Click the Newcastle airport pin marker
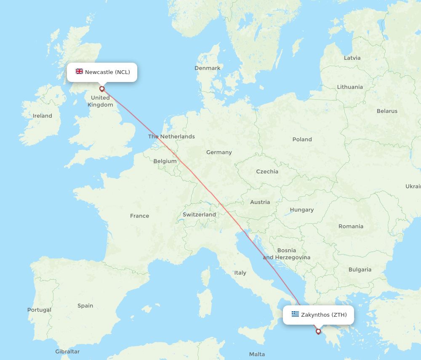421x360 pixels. pyautogui.click(x=102, y=89)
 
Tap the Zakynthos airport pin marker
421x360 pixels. pyautogui.click(x=318, y=331)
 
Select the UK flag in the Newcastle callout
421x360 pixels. pyautogui.click(x=79, y=71)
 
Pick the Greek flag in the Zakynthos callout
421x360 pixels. pyautogui.click(x=295, y=314)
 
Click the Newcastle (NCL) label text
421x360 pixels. pyautogui.click(x=107, y=72)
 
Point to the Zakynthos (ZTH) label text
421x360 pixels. pyautogui.click(x=324, y=315)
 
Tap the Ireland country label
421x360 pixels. pyautogui.click(x=43, y=116)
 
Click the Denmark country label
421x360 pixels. pyautogui.click(x=207, y=68)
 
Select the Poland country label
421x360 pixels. pyautogui.click(x=302, y=139)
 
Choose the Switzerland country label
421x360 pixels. pyautogui.click(x=199, y=214)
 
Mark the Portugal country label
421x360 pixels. pyautogui.click(x=39, y=310)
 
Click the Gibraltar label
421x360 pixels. pyautogui.click(x=67, y=352)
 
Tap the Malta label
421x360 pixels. pyautogui.click(x=257, y=354)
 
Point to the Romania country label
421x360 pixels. pyautogui.click(x=351, y=226)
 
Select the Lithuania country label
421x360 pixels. pyautogui.click(x=349, y=87)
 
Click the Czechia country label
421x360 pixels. pyautogui.click(x=267, y=172)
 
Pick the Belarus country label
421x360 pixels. pyautogui.click(x=387, y=111)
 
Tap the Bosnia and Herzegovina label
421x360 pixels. pyautogui.click(x=287, y=254)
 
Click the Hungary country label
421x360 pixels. pyautogui.click(x=301, y=209)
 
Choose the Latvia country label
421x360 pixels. pyautogui.click(x=352, y=58)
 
